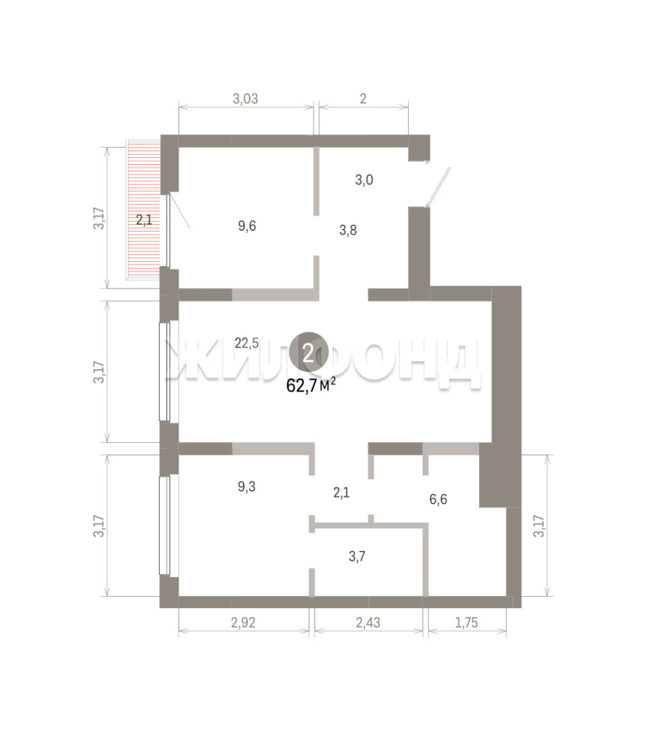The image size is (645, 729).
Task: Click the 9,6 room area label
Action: click(x=247, y=226)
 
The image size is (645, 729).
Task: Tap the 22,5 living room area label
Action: click(x=246, y=344)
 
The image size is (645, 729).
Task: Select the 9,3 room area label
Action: click(x=246, y=487)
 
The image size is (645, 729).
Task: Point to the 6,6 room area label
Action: click(x=438, y=500)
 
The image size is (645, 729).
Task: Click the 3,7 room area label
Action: click(x=357, y=556)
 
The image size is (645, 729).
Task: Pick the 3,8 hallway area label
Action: click(x=348, y=230)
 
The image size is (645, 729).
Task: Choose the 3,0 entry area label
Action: click(x=364, y=180)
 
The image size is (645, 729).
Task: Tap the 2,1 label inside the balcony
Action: click(x=144, y=219)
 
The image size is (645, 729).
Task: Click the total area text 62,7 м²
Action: click(x=311, y=385)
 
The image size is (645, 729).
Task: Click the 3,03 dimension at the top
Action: click(x=246, y=99)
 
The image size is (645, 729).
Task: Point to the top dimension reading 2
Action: click(x=363, y=98)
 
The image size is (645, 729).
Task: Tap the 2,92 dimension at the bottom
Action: click(x=244, y=622)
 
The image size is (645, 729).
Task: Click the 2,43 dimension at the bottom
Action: click(x=368, y=622)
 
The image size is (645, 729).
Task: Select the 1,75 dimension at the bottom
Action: click(x=466, y=622)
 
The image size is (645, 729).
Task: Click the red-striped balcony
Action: click(x=144, y=210)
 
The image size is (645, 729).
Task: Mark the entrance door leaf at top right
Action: click(x=439, y=187)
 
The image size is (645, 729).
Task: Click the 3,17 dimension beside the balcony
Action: click(x=99, y=218)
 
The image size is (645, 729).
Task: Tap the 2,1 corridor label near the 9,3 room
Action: click(x=341, y=492)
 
